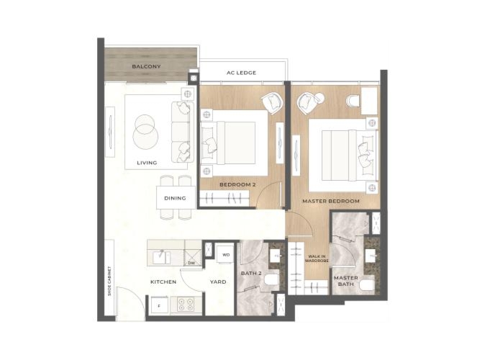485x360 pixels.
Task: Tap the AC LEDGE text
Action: (x=241, y=73)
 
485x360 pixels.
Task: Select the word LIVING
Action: (x=147, y=163)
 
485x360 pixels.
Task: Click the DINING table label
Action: (x=175, y=198)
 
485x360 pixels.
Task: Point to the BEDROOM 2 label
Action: (x=237, y=184)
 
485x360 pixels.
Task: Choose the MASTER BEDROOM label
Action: (x=331, y=201)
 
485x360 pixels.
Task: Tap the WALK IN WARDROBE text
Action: (x=317, y=258)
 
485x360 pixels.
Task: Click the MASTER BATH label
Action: (x=346, y=281)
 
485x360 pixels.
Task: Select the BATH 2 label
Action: (x=251, y=273)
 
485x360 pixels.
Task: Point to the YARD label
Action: (x=218, y=282)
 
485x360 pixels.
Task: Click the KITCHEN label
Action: (x=163, y=282)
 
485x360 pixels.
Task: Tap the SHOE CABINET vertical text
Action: (x=109, y=281)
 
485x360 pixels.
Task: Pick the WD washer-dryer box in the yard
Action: (x=226, y=254)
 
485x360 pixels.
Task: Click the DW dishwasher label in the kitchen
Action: (x=191, y=263)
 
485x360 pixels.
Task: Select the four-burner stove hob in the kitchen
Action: (x=186, y=304)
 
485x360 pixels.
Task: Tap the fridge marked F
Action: (x=159, y=305)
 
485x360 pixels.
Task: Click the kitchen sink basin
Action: (x=161, y=257)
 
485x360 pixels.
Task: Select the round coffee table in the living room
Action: (x=145, y=132)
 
